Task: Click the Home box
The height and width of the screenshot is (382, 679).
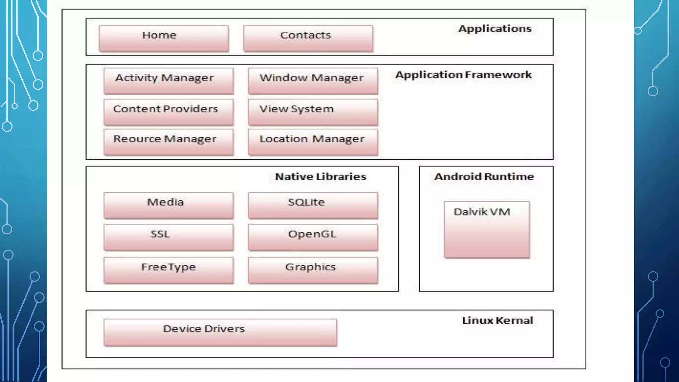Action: click(164, 38)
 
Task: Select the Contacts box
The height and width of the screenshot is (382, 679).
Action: click(308, 38)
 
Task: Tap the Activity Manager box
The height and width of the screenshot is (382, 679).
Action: click(168, 81)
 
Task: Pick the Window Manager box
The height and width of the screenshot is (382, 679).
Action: click(313, 81)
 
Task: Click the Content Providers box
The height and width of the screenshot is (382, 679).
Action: click(168, 112)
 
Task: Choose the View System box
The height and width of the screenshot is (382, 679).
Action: click(313, 112)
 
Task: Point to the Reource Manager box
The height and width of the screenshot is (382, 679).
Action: click(168, 142)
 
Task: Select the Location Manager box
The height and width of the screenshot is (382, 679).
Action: click(313, 142)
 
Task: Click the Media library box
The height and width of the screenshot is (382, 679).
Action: click(168, 205)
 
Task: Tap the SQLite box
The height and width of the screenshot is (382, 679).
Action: click(313, 205)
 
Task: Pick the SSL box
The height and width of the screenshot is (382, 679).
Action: click(168, 237)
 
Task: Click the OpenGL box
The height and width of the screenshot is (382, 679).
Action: click(313, 237)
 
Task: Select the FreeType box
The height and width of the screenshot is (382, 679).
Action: click(168, 270)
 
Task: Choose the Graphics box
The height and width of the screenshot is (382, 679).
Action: click(313, 270)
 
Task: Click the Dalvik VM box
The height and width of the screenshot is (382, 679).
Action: click(487, 229)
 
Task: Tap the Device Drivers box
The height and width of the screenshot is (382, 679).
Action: click(220, 332)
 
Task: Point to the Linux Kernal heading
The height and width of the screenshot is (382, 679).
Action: click(497, 321)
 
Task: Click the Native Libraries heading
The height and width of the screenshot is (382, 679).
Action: click(320, 177)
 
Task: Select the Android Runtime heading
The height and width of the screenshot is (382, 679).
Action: click(484, 177)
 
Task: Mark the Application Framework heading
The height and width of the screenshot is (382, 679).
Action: click(463, 75)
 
